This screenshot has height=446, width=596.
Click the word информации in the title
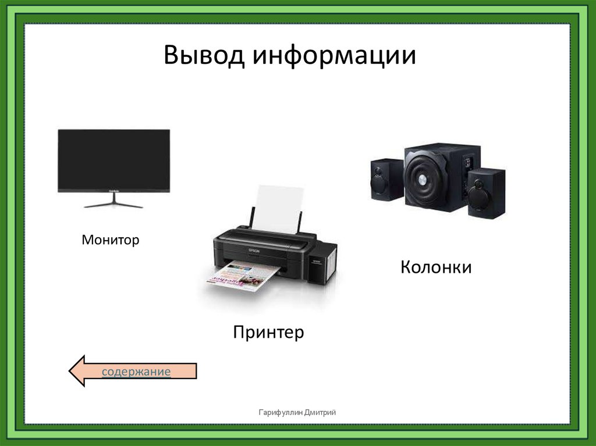click(334, 56)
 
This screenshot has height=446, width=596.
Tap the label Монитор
click(111, 239)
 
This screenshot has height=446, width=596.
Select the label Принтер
click(269, 333)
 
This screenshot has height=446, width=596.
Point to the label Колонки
click(435, 267)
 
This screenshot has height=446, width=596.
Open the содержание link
click(136, 372)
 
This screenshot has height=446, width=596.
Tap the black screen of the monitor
click(114, 158)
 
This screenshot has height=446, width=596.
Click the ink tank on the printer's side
click(321, 266)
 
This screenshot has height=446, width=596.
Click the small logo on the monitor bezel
click(114, 189)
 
